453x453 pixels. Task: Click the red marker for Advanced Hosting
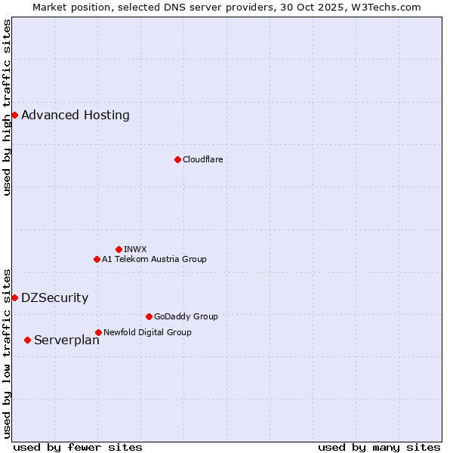tap(14, 115)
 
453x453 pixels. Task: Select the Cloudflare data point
tap(177, 159)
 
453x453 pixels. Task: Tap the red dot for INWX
tap(119, 249)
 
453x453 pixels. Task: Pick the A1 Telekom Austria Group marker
tap(97, 259)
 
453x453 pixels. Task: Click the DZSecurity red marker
tap(14, 297)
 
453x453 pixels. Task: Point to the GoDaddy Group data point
tap(149, 316)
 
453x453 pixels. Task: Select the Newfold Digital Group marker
tap(98, 332)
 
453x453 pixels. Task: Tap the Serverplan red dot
tap(27, 340)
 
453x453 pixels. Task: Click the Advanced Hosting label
tap(75, 116)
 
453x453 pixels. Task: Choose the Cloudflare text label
tap(202, 159)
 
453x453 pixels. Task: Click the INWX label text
tap(135, 249)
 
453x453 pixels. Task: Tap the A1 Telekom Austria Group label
tap(154, 259)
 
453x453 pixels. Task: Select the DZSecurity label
tap(54, 298)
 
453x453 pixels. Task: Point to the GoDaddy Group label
tap(186, 316)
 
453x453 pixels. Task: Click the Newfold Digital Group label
tap(147, 332)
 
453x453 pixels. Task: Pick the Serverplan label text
tap(66, 341)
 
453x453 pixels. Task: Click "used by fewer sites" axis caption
tap(78, 447)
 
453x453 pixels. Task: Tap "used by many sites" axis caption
tap(379, 447)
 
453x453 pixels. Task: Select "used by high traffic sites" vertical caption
tap(8, 107)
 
